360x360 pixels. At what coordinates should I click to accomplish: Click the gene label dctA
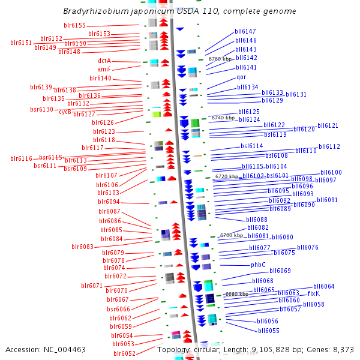coord(104,61)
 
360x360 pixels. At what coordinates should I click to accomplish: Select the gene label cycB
coord(65,112)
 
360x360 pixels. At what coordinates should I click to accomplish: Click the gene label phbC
coord(258,265)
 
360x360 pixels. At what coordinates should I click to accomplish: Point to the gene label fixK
coord(313,293)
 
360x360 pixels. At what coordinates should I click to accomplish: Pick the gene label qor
coord(241,77)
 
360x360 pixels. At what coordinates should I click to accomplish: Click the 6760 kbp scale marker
coord(220,59)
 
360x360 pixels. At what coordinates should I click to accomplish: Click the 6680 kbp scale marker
coord(236,294)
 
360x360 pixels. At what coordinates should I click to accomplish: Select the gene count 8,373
coord(342,349)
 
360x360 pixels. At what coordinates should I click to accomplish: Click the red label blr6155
coord(74,25)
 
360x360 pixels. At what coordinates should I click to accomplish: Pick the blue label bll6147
coord(245,31)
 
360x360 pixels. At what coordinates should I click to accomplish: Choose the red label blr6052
coord(124,353)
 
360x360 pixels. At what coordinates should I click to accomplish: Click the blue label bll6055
coord(268,331)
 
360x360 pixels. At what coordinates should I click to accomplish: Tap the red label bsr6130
coord(41,109)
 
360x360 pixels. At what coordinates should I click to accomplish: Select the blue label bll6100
coord(331,172)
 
